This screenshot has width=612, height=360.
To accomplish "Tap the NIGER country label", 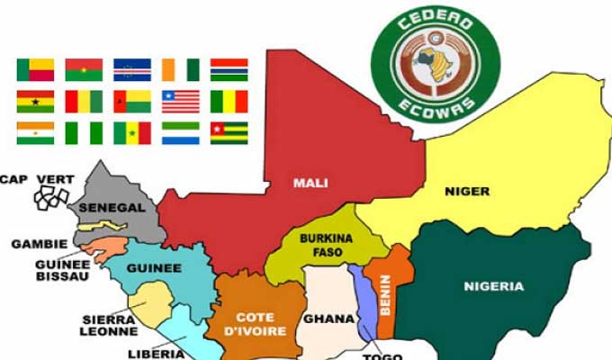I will pyautogui.click(x=467, y=191).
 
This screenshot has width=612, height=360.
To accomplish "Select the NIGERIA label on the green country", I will pyautogui.click(x=493, y=286).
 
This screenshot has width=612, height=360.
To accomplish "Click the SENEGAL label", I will pyautogui.click(x=112, y=208).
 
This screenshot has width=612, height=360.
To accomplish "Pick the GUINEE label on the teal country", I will pyautogui.click(x=155, y=267).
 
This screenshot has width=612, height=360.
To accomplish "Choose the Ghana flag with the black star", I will pyautogui.click(x=35, y=101).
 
